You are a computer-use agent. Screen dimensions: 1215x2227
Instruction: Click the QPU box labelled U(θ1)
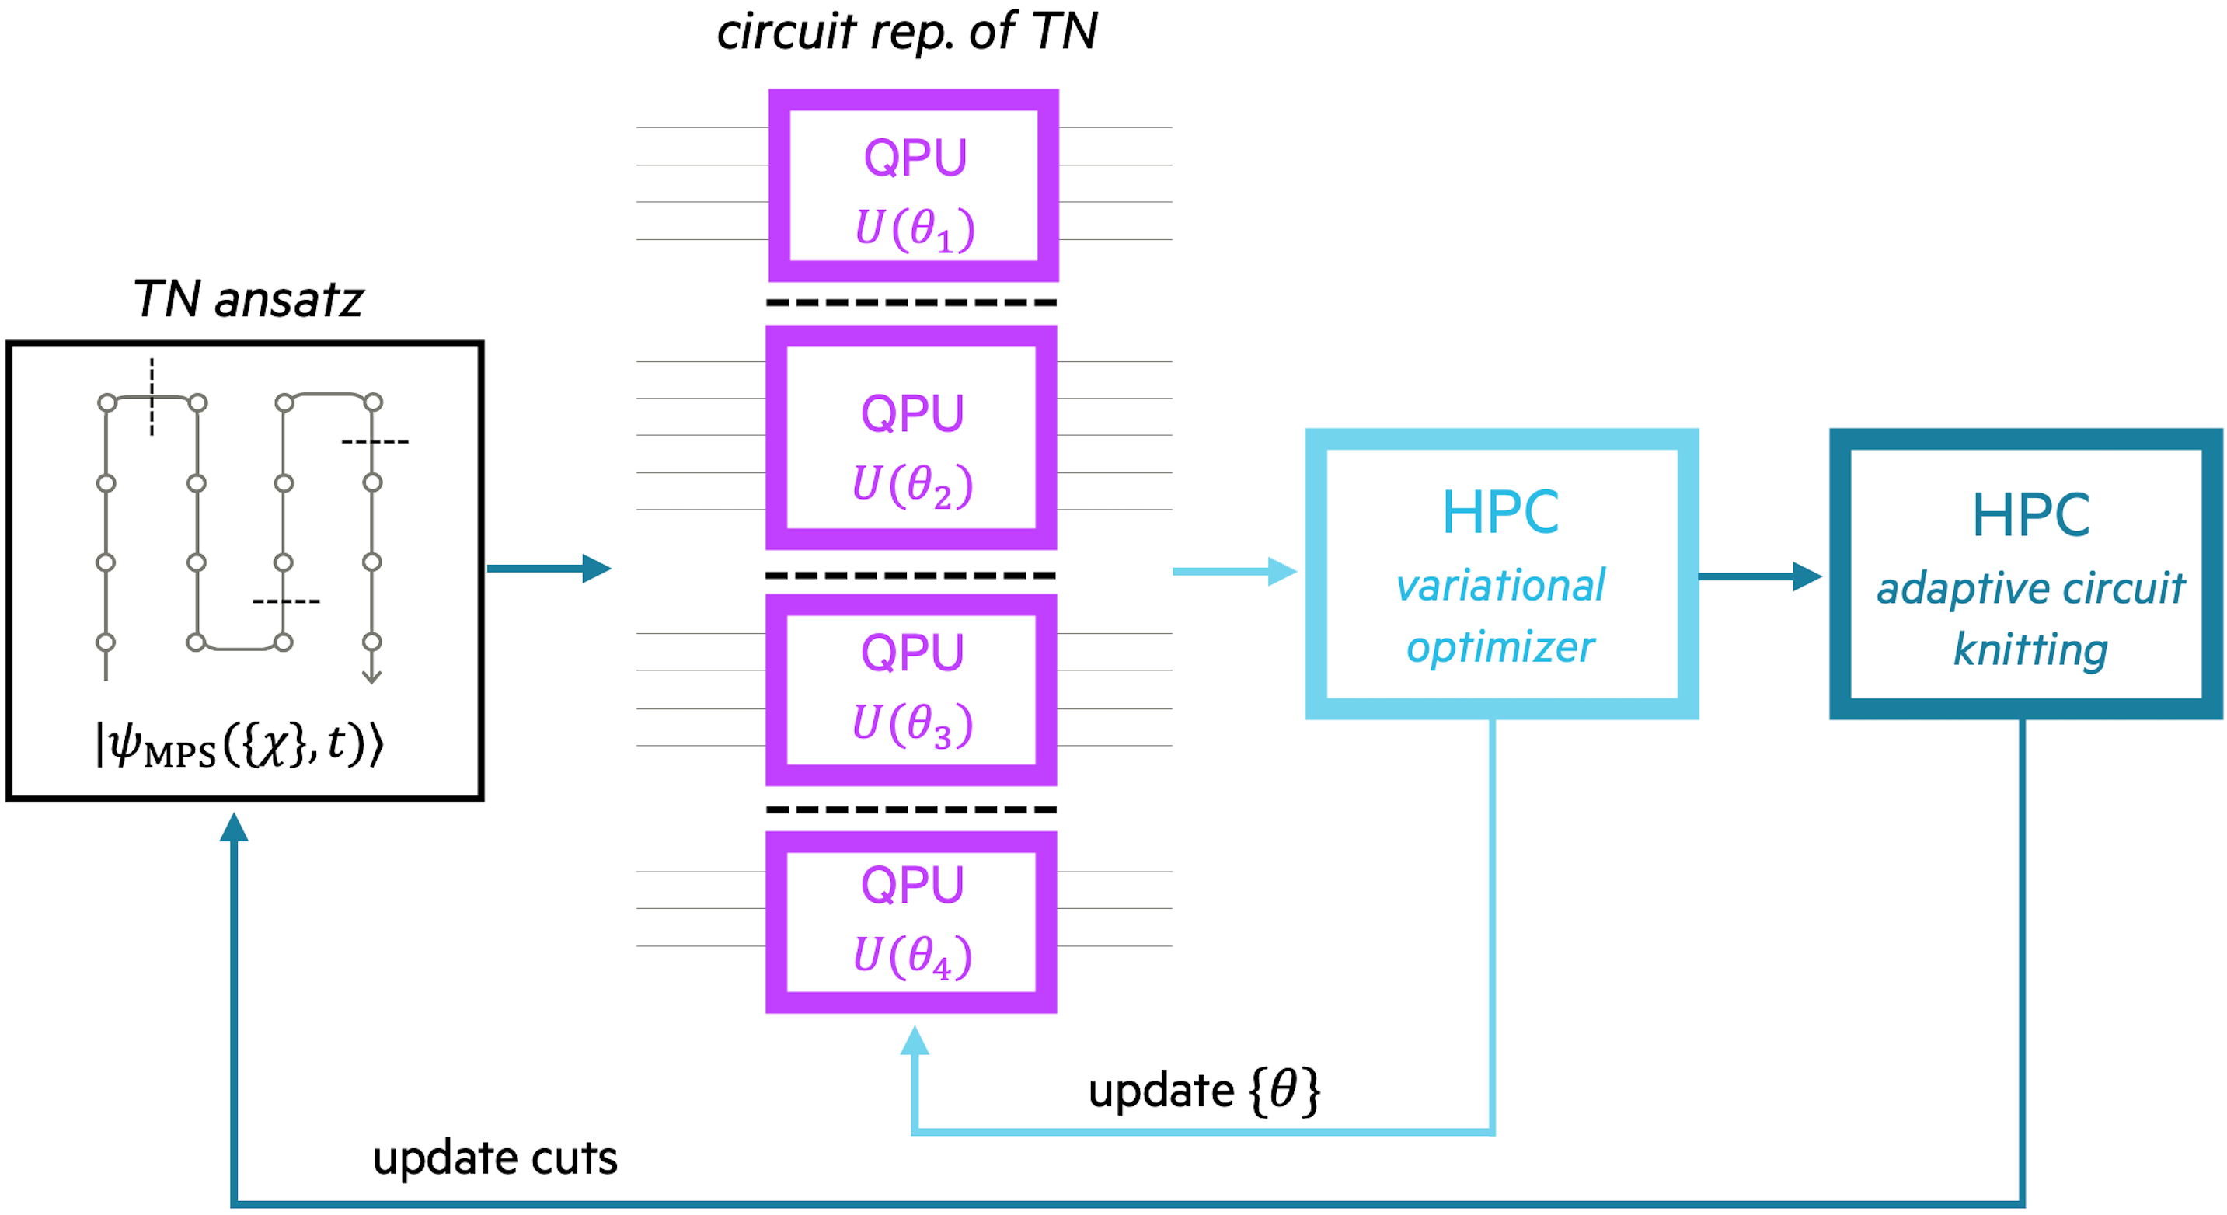coord(913,185)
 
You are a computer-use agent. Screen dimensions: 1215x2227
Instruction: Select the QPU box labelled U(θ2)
coord(911,437)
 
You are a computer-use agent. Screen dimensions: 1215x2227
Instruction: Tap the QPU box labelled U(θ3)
coord(911,690)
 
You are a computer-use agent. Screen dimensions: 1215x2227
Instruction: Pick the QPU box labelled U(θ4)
coord(911,921)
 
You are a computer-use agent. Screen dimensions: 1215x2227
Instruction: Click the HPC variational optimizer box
coord(1502,574)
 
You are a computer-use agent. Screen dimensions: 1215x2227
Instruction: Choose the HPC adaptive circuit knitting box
coord(2026,574)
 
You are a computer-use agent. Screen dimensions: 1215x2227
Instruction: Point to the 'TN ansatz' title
coord(248,300)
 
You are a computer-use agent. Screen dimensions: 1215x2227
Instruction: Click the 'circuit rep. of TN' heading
coord(907,32)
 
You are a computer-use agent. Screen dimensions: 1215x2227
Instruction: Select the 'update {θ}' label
coord(1204,1091)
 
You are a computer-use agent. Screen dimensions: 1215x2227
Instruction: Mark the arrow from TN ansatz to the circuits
coord(548,569)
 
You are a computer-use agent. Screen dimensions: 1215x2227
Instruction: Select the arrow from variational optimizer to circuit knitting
coord(1759,576)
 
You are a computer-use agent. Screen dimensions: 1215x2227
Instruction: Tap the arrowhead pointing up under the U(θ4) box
coord(915,1040)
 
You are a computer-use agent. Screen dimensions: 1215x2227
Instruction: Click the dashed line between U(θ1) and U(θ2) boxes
coord(911,302)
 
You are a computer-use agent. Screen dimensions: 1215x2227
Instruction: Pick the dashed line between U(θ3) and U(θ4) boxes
coord(911,809)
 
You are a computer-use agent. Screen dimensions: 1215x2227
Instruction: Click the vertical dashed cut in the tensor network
coord(152,398)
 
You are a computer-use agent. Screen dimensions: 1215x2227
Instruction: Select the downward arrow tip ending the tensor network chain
coord(371,677)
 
